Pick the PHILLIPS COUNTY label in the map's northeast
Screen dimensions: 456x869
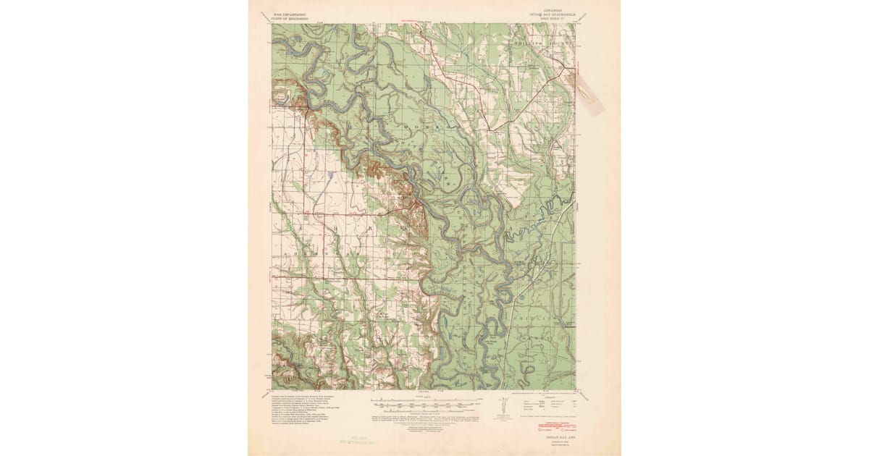[540, 43]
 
